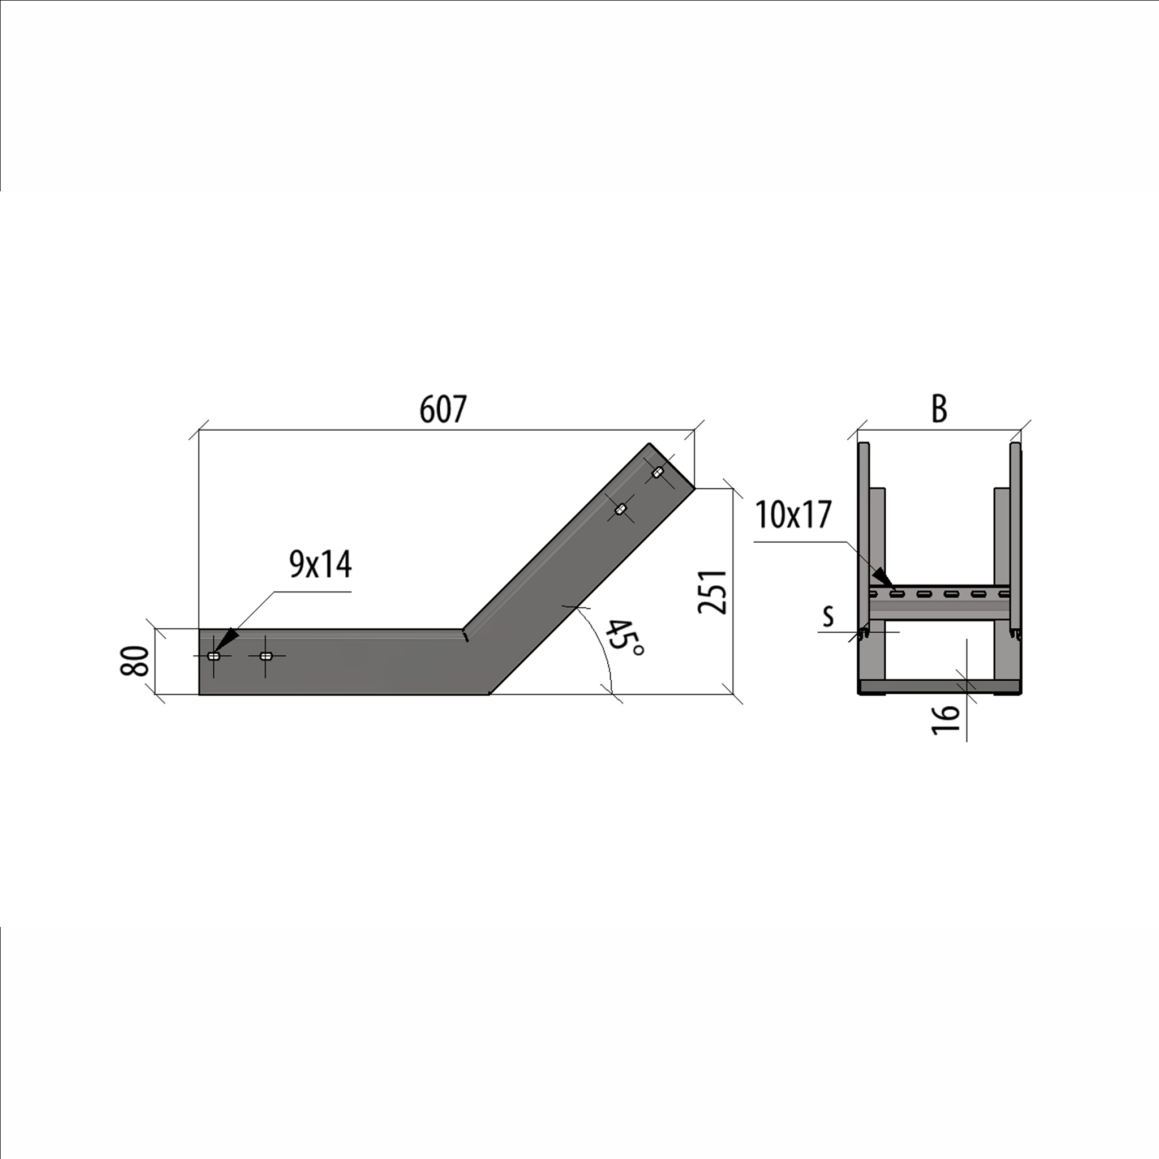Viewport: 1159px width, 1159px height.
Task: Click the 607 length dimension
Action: [x=443, y=410]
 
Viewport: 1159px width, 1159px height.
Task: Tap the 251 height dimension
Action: [x=712, y=591]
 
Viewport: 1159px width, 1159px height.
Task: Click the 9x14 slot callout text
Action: [x=320, y=564]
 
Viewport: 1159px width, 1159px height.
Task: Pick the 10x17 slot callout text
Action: [x=793, y=515]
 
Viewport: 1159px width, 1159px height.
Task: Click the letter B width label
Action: [x=939, y=409]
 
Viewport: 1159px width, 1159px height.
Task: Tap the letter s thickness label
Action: [x=829, y=616]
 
